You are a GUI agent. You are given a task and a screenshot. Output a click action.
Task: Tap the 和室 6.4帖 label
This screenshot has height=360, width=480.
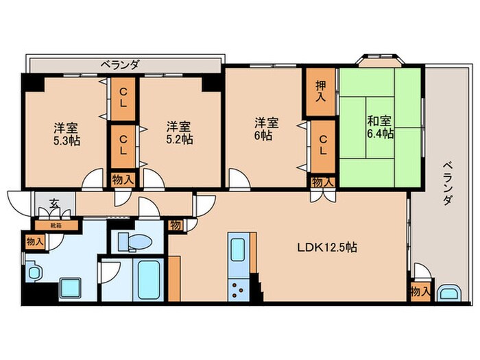coord(379,128)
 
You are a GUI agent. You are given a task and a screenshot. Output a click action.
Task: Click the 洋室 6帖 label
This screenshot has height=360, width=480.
coord(267,129)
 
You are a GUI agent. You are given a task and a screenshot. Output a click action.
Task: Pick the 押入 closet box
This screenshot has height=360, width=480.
coord(320,92)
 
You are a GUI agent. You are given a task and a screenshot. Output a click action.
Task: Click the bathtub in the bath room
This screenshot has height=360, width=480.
coord(147,283)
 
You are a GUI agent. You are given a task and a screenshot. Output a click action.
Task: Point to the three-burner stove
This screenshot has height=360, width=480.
coord(241,290)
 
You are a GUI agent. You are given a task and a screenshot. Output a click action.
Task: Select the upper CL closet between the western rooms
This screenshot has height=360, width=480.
coord(123,99)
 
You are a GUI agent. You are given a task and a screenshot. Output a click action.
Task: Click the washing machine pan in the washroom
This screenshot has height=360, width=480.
coord(71,287)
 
